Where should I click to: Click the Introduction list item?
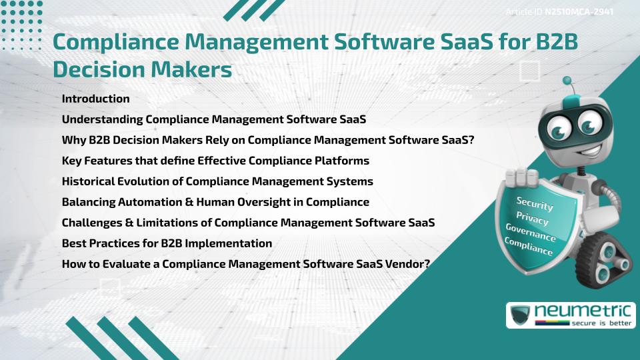[95, 99]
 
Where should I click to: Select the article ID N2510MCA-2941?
[578, 11]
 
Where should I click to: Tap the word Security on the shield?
[535, 203]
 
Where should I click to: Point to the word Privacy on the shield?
[532, 218]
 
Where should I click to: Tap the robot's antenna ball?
[568, 83]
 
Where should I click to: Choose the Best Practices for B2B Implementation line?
[167, 243]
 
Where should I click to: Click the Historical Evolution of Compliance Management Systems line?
[217, 181]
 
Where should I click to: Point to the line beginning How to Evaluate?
[246, 263]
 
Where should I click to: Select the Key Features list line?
[215, 161]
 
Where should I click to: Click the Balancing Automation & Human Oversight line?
[215, 202]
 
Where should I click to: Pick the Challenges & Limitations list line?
[248, 223]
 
